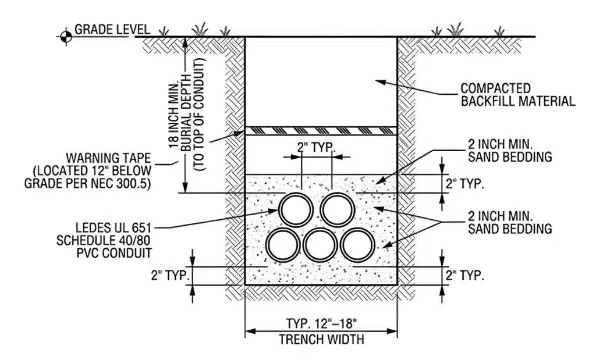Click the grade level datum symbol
tap(66, 37)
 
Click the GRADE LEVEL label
tap(112, 29)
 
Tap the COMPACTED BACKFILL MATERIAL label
tap(517, 95)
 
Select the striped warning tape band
tap(321, 131)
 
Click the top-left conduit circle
tap(296, 210)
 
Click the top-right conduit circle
tap(338, 210)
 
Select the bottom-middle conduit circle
tap(320, 245)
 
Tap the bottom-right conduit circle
tap(358, 245)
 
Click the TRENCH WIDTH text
tap(321, 339)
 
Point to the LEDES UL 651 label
tap(113, 228)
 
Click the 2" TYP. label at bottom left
tap(171, 275)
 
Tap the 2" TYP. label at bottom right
tap(465, 275)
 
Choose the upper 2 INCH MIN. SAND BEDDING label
tap(510, 151)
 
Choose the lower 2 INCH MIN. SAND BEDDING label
tap(510, 222)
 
